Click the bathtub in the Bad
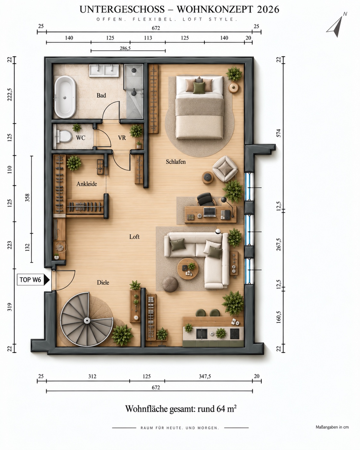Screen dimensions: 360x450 65,97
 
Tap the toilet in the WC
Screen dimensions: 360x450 63,136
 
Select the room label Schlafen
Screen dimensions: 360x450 176,162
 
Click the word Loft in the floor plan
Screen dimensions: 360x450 134,237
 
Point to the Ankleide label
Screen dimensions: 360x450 87,184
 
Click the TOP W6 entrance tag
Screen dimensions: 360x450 33,280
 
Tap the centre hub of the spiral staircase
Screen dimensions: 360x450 87,320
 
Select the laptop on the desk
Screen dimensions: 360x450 210,212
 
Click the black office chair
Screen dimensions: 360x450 206,199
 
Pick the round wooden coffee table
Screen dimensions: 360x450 188,269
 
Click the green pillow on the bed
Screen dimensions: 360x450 199,88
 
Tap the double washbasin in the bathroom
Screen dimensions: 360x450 104,70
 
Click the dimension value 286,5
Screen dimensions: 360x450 125,48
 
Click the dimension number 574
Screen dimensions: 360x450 279,133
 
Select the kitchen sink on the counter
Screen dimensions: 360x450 201,333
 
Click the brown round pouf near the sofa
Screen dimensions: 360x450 170,284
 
